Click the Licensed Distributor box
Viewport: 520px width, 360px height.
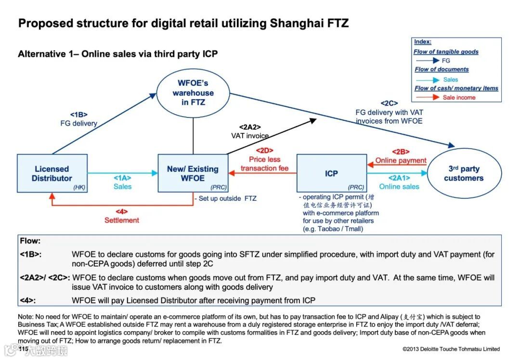click(52, 173)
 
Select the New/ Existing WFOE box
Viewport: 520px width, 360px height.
click(193, 173)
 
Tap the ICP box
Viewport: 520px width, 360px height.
click(331, 173)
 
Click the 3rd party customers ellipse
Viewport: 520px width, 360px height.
click(464, 174)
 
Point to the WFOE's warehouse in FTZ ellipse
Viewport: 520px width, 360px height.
click(193, 93)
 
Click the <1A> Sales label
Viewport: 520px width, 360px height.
click(122, 182)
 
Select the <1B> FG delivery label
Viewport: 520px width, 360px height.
click(78, 119)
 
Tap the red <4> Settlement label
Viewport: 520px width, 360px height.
click(122, 216)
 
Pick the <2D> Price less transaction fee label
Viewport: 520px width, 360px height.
click(264, 159)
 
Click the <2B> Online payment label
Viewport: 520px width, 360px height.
click(401, 156)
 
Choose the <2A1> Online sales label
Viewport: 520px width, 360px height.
click(399, 182)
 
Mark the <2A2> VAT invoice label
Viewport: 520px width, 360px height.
click(250, 131)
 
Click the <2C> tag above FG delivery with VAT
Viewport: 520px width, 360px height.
click(389, 103)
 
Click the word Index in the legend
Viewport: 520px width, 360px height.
click(423, 42)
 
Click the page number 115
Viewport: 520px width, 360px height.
click(23, 348)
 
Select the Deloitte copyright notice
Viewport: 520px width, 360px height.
click(451, 349)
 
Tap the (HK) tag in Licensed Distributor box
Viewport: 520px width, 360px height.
click(79, 187)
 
